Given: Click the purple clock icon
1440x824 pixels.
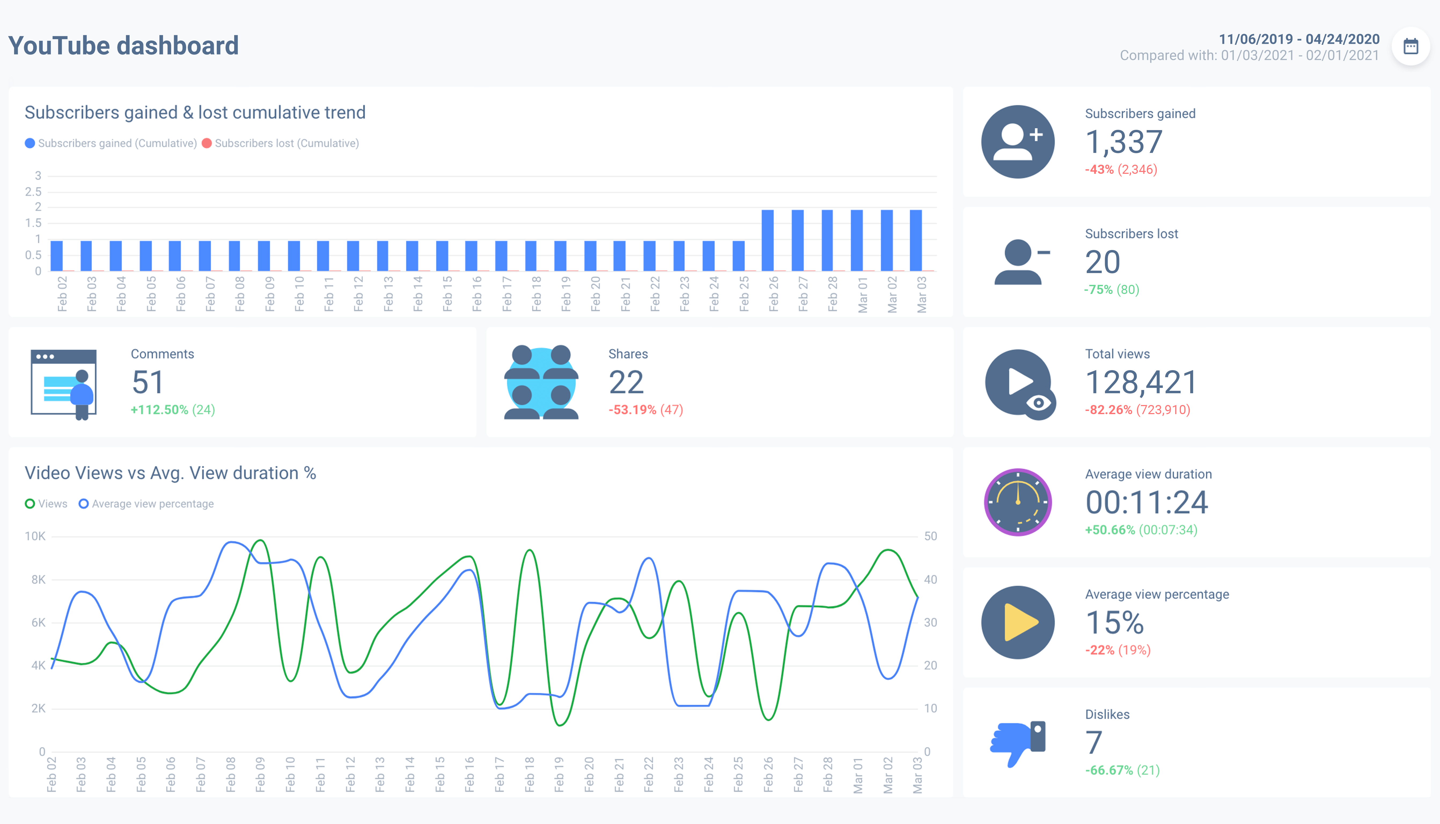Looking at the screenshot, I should coord(1017,502).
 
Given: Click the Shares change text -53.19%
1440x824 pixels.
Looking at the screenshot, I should coord(632,410).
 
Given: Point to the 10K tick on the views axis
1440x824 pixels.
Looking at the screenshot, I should coord(35,536).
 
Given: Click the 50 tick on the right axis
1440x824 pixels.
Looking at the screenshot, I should coord(930,536).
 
